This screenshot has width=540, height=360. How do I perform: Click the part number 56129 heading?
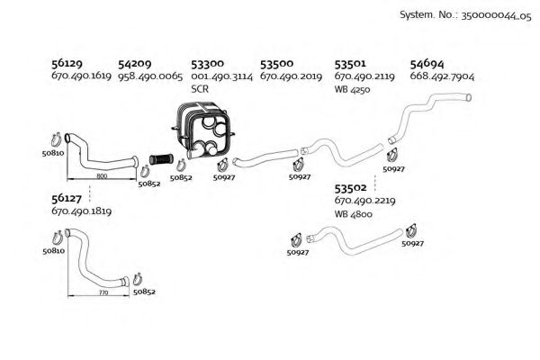click(x=67, y=65)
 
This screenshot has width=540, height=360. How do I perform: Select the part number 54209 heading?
click(x=134, y=65)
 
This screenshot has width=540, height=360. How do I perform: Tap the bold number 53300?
click(x=207, y=65)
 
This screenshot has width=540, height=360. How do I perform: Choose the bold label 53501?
click(x=350, y=65)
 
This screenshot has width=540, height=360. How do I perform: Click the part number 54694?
click(x=426, y=65)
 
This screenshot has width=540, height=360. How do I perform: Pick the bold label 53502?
click(x=350, y=188)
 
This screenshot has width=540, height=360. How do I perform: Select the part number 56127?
click(x=67, y=198)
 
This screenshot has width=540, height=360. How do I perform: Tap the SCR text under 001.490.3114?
click(x=199, y=90)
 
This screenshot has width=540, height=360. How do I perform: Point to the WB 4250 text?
click(x=353, y=90)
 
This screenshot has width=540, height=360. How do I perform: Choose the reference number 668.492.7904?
click(x=442, y=77)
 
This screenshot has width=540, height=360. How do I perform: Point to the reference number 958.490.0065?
click(x=149, y=77)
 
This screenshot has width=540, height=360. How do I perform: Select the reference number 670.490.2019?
click(x=291, y=77)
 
